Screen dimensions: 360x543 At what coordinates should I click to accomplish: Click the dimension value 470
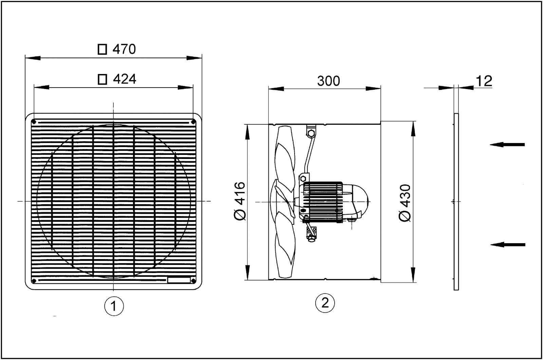pyautogui.click(x=124, y=50)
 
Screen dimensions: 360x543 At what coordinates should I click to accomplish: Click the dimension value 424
pyautogui.click(x=124, y=79)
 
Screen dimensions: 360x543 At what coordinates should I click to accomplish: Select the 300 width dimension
pyautogui.click(x=328, y=81)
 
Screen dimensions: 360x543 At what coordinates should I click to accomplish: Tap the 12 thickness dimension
pyautogui.click(x=484, y=81)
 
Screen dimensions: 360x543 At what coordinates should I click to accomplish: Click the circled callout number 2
pyautogui.click(x=325, y=303)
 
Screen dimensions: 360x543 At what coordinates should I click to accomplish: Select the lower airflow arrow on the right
pyautogui.click(x=508, y=245)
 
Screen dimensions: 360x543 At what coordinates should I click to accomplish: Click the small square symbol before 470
pyautogui.click(x=101, y=50)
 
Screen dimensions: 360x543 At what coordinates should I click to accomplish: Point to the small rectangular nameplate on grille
pyautogui.click(x=179, y=280)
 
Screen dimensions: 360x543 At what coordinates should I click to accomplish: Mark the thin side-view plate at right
pyautogui.click(x=456, y=202)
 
